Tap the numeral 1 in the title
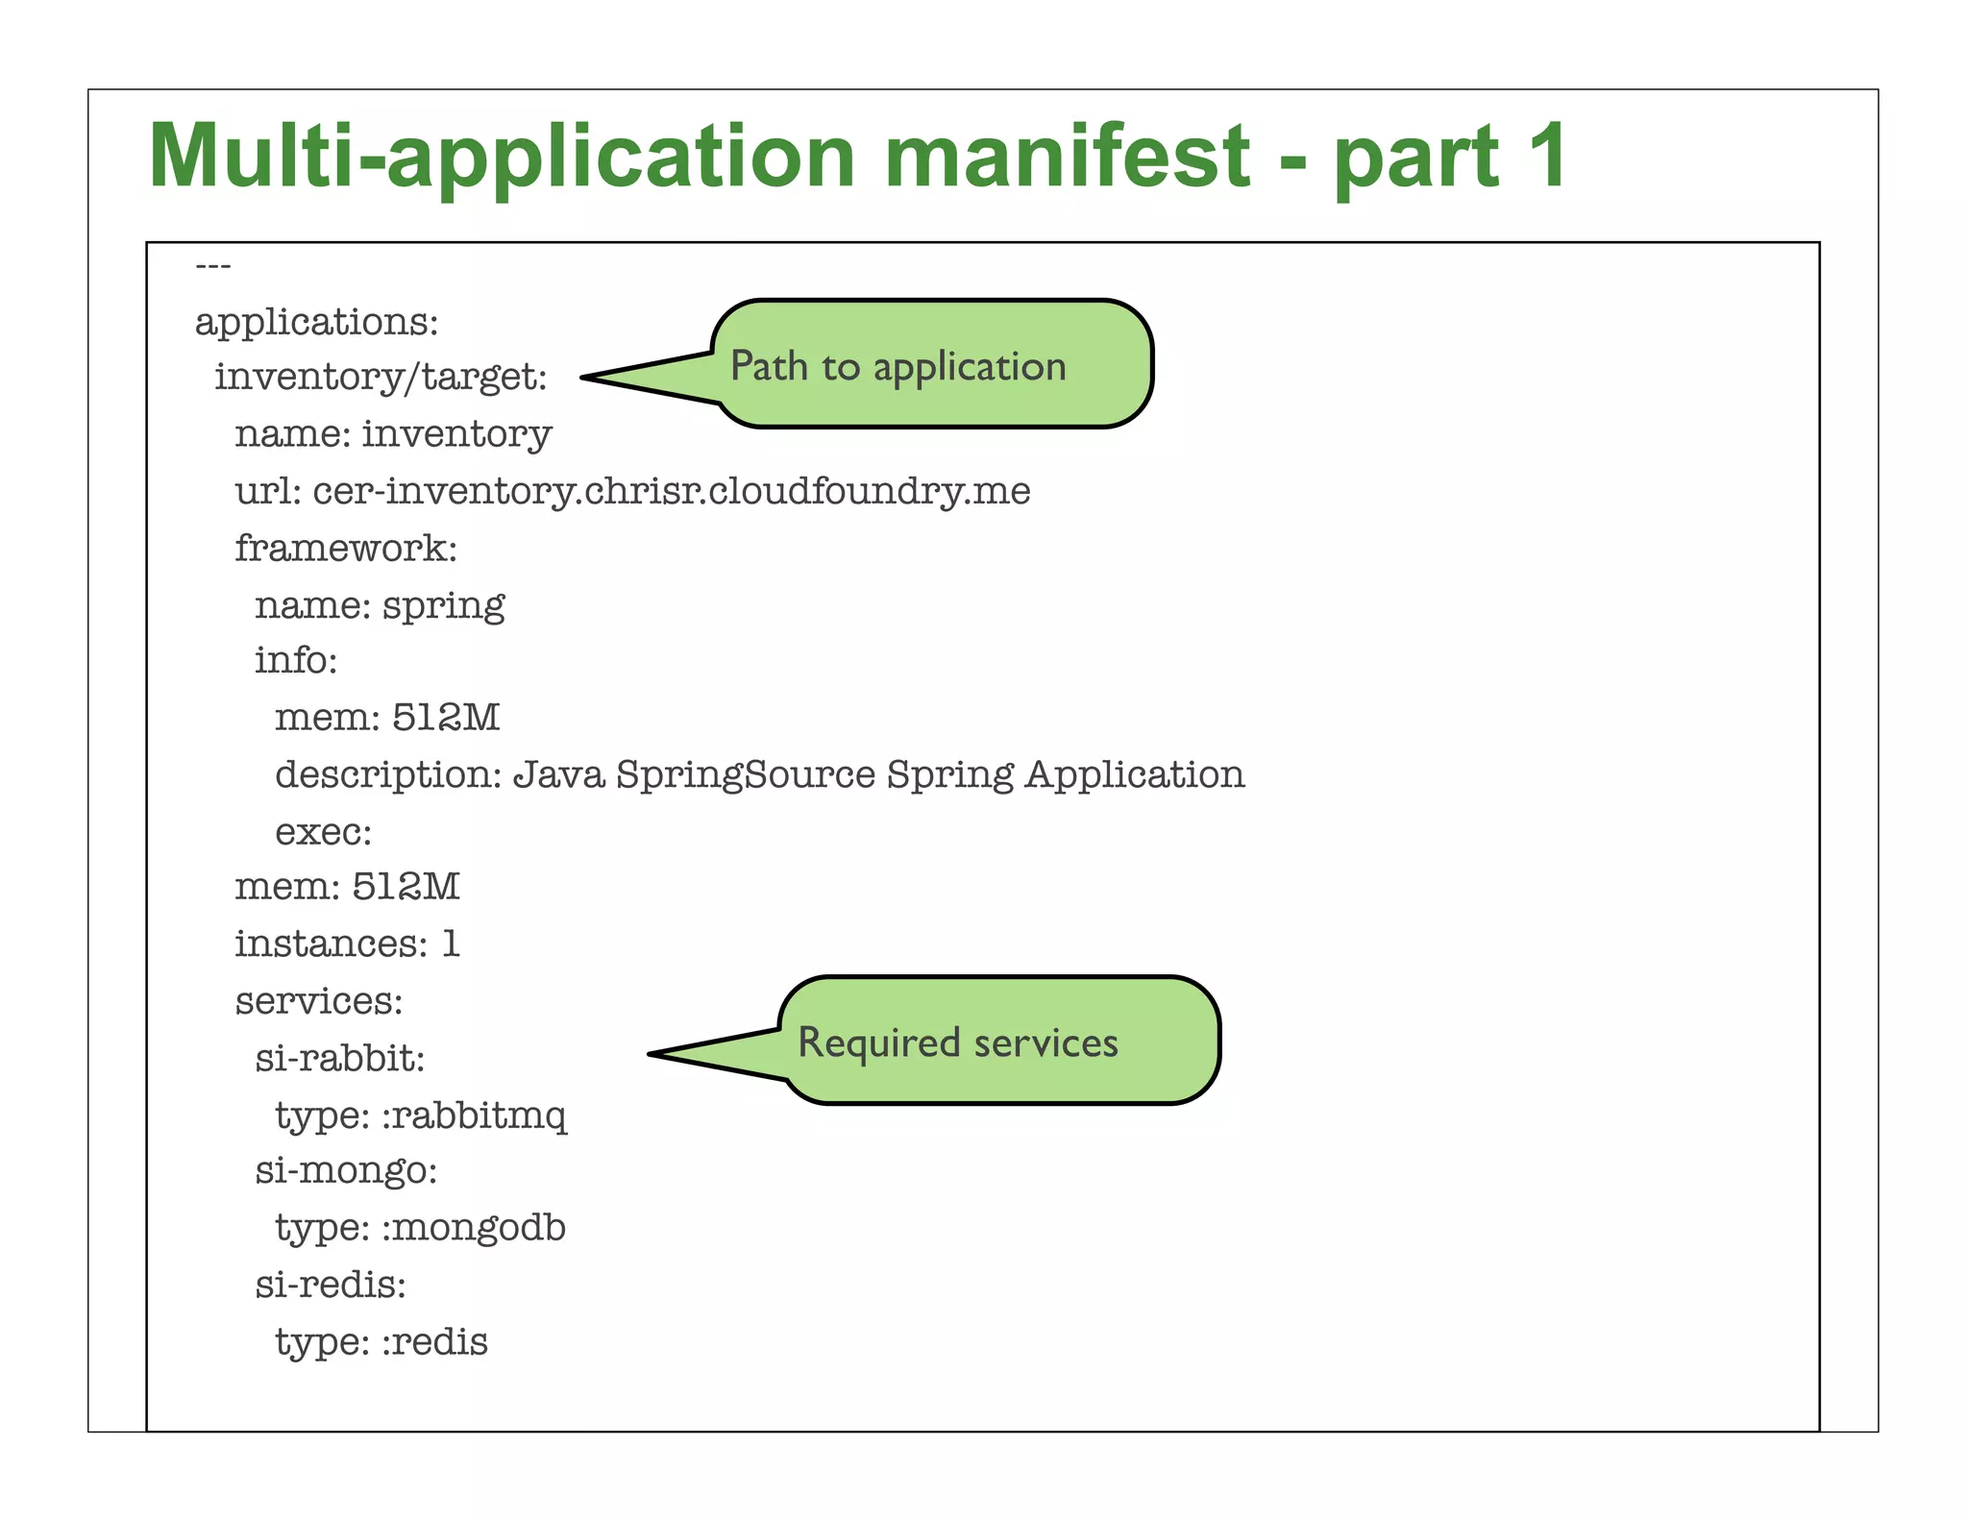coord(1545,156)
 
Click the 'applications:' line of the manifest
coord(316,322)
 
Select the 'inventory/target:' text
coord(381,378)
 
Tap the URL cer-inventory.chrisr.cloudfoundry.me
coord(671,492)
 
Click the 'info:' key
coord(296,661)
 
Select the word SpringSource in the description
coord(746,774)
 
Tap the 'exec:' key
coord(323,832)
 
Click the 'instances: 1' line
coord(347,944)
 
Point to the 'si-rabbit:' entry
coord(339,1059)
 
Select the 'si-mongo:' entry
coord(346,1171)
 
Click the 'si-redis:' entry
coord(331,1285)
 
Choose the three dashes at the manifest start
coord(212,265)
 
